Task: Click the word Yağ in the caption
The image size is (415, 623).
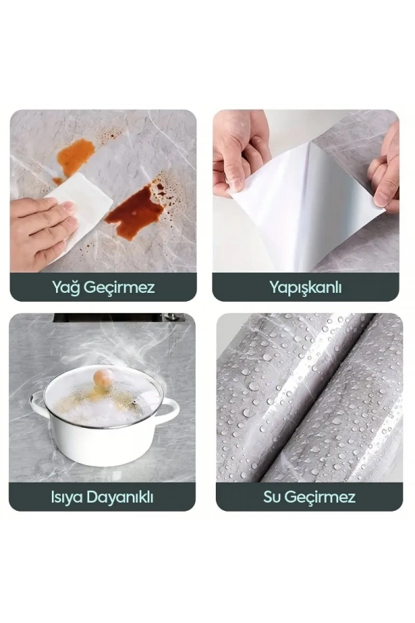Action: tap(66, 287)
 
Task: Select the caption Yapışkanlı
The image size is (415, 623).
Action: tap(305, 287)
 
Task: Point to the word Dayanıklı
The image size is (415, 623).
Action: tap(120, 496)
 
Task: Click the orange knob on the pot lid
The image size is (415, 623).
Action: tap(103, 377)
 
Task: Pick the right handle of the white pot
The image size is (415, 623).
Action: tap(168, 411)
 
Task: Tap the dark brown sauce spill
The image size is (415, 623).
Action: tap(134, 210)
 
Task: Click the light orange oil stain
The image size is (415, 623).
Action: tap(75, 156)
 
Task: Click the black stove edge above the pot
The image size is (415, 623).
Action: tap(118, 317)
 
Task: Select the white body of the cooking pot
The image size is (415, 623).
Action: tap(104, 443)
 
